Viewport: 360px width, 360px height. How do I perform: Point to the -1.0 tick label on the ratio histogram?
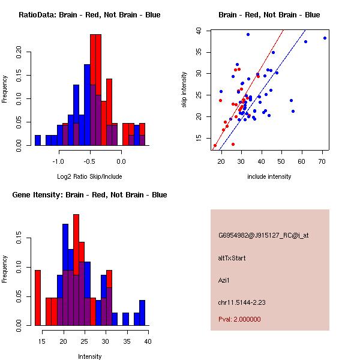58,161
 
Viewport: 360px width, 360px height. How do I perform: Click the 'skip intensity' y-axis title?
185,90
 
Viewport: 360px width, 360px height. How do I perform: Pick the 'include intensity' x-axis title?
269,176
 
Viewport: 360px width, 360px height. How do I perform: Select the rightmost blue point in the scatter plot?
325,38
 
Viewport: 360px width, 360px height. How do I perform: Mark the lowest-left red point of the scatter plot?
215,145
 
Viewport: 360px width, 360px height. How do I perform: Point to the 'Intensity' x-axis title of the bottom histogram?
90,356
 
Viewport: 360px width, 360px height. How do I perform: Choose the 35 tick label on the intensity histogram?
127,341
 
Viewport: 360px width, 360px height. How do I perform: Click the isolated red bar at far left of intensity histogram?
38,298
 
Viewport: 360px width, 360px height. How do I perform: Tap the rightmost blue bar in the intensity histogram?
142,313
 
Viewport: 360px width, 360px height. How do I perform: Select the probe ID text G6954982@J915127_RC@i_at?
263,236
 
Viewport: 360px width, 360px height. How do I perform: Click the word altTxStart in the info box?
232,258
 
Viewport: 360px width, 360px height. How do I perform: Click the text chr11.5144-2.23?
242,302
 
